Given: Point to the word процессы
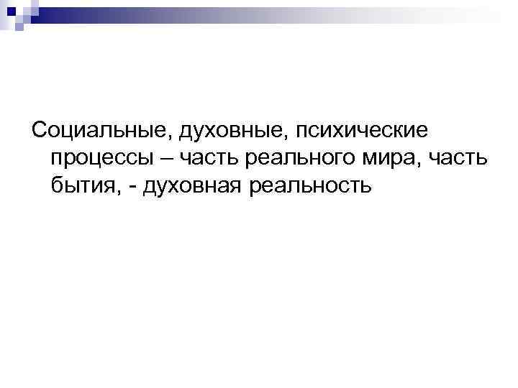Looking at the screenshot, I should click(101, 159).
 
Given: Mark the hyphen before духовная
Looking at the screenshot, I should click(135, 188).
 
